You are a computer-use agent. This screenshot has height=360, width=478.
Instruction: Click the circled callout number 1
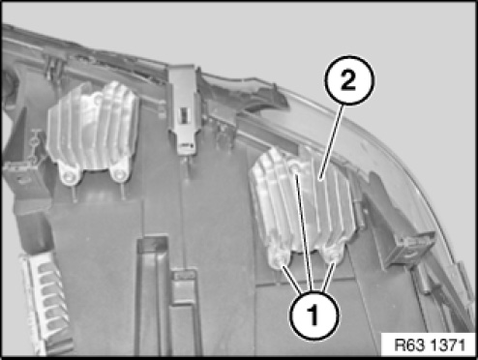point(314,315)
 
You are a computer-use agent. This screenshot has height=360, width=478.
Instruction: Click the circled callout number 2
point(349,80)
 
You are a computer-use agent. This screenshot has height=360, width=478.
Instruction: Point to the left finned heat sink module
point(93,133)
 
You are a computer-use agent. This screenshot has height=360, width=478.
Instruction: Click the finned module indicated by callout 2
point(303,206)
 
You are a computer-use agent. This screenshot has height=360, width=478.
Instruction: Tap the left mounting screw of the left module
point(70,175)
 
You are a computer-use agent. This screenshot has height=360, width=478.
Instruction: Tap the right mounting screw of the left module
point(120,175)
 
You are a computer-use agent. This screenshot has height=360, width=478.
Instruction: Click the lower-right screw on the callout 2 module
point(332,255)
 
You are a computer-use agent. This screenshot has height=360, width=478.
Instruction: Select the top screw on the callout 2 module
point(295,168)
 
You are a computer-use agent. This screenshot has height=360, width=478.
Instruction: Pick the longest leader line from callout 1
point(304,231)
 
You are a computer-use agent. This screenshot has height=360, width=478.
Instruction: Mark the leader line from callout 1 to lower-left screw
point(293,279)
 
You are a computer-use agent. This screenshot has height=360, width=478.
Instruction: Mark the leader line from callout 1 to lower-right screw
point(328,278)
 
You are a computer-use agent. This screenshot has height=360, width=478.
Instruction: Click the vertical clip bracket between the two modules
point(183,109)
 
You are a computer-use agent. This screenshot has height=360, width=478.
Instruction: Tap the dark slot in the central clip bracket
point(183,115)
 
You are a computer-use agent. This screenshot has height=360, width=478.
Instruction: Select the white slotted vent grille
point(45,303)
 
